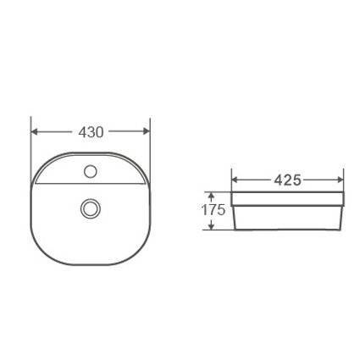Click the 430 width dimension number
coord(91,132)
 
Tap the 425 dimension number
coord(288,180)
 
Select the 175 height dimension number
coord(213,210)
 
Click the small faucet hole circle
coord(91,171)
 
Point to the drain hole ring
coord(91,208)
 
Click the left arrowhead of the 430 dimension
coord(34,131)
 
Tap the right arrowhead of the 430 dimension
coord(147,131)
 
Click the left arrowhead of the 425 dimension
coord(235,180)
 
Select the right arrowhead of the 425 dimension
coord(340,180)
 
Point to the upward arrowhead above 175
coord(210,196)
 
